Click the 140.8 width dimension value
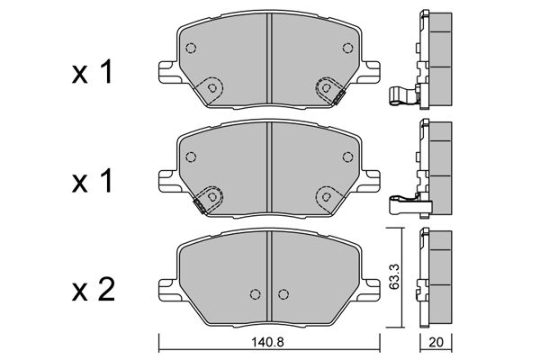click(x=267, y=343)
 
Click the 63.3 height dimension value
click(x=395, y=276)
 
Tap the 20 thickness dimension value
click(x=436, y=343)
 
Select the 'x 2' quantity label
click(x=93, y=290)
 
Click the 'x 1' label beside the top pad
click(x=93, y=72)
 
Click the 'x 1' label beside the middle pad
click(x=93, y=181)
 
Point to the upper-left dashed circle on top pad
click(x=191, y=48)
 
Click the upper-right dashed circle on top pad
click(x=347, y=48)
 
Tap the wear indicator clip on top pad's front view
click(x=339, y=97)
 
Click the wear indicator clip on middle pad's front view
click(x=200, y=206)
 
